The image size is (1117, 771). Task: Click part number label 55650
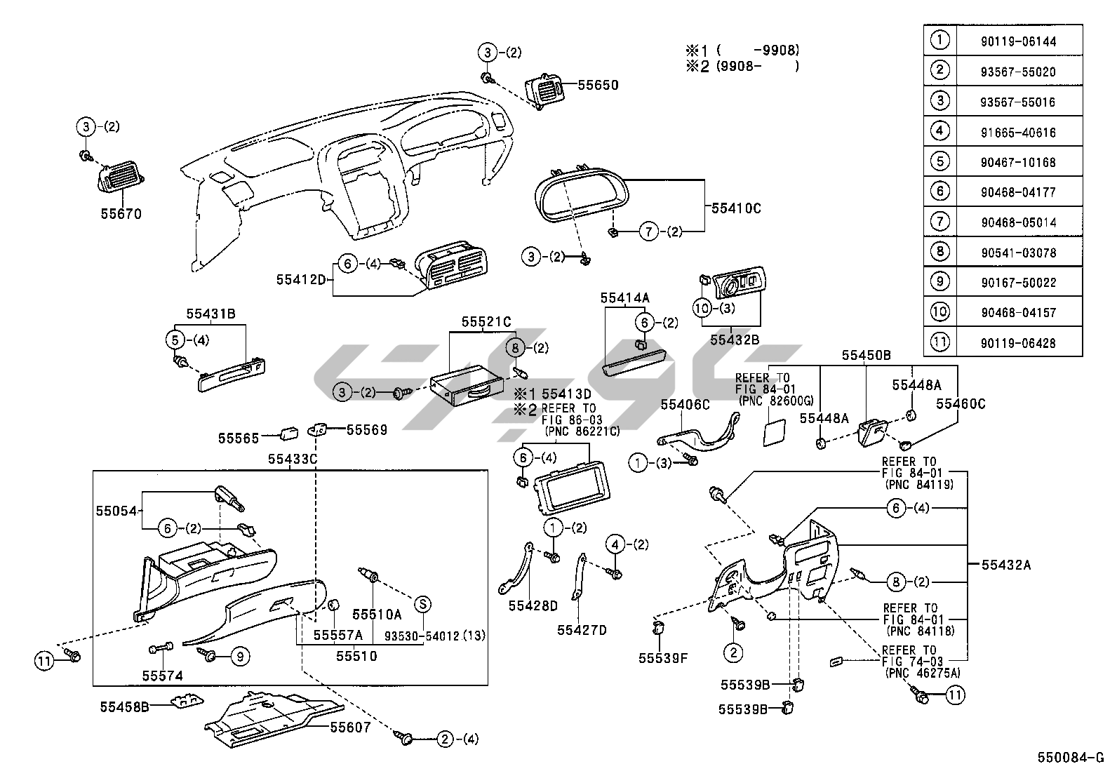[598, 86]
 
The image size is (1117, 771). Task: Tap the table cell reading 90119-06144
[1017, 41]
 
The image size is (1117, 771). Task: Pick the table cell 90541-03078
[1017, 253]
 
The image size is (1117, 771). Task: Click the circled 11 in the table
[939, 342]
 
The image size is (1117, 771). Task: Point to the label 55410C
[736, 208]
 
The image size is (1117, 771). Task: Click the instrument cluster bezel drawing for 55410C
[582, 189]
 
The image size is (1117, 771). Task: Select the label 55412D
[301, 279]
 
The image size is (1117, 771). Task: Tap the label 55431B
[210, 314]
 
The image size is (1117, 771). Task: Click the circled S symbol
[422, 603]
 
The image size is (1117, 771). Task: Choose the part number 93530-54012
[425, 636]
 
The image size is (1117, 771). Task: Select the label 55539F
[663, 658]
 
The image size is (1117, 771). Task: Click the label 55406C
[685, 404]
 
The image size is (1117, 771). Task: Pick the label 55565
[239, 438]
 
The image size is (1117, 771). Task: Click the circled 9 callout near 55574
[239, 657]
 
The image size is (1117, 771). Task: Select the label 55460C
[961, 403]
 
